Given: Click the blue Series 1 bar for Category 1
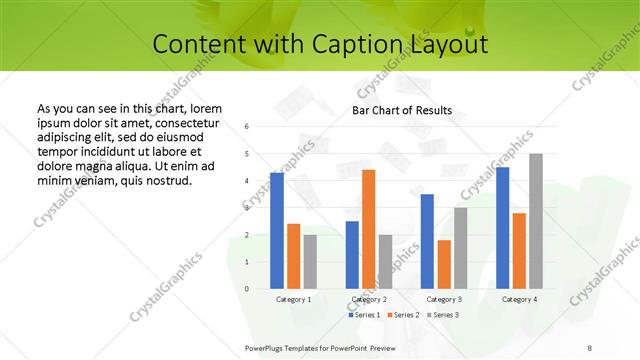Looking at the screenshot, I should pyautogui.click(x=277, y=231).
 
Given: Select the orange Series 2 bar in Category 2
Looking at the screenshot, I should pyautogui.click(x=368, y=229).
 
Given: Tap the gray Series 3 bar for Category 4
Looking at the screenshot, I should pyautogui.click(x=536, y=221).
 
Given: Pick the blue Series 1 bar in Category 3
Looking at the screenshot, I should pyautogui.click(x=427, y=241).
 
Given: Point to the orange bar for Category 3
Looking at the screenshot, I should pyautogui.click(x=444, y=264).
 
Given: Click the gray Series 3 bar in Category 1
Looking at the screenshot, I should pyautogui.click(x=310, y=262).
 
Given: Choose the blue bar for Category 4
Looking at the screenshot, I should pyautogui.click(x=502, y=228).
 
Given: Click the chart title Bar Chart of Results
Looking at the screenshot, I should pyautogui.click(x=402, y=110).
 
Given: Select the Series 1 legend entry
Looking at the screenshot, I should pyautogui.click(x=364, y=315).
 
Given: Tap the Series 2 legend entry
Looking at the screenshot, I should pyautogui.click(x=404, y=315).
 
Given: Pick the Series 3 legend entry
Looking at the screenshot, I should pyautogui.click(x=443, y=315).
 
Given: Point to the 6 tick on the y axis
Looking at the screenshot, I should pyautogui.click(x=247, y=127).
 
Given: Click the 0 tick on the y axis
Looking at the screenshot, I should pyautogui.click(x=247, y=289).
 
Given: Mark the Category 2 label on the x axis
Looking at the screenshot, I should pyautogui.click(x=368, y=299).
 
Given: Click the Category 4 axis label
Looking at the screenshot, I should pyautogui.click(x=519, y=299).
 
